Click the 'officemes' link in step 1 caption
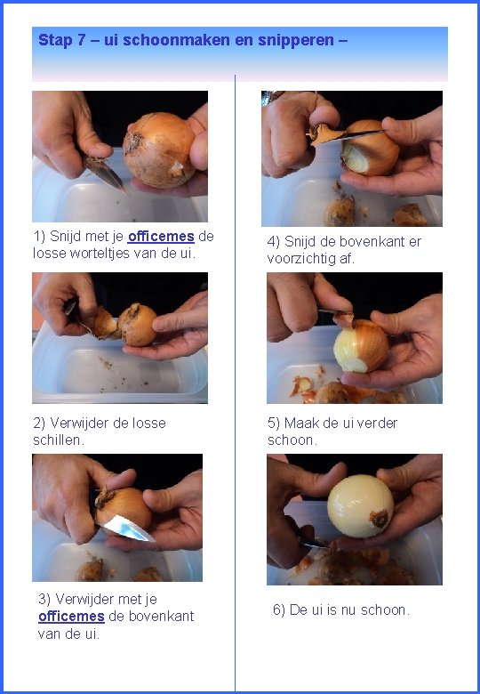tap(161, 237)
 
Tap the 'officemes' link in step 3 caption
tap(71, 616)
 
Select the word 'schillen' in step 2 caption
tap(59, 440)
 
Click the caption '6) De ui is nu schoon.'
tap(341, 609)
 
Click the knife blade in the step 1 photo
tap(105, 173)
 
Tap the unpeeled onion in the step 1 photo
tap(159, 149)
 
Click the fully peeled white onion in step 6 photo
tap(360, 506)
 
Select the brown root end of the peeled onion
tap(380, 519)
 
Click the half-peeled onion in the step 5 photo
tap(361, 346)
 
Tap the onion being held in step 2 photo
tap(137, 325)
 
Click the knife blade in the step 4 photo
tap(357, 135)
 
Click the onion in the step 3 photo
tap(124, 508)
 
